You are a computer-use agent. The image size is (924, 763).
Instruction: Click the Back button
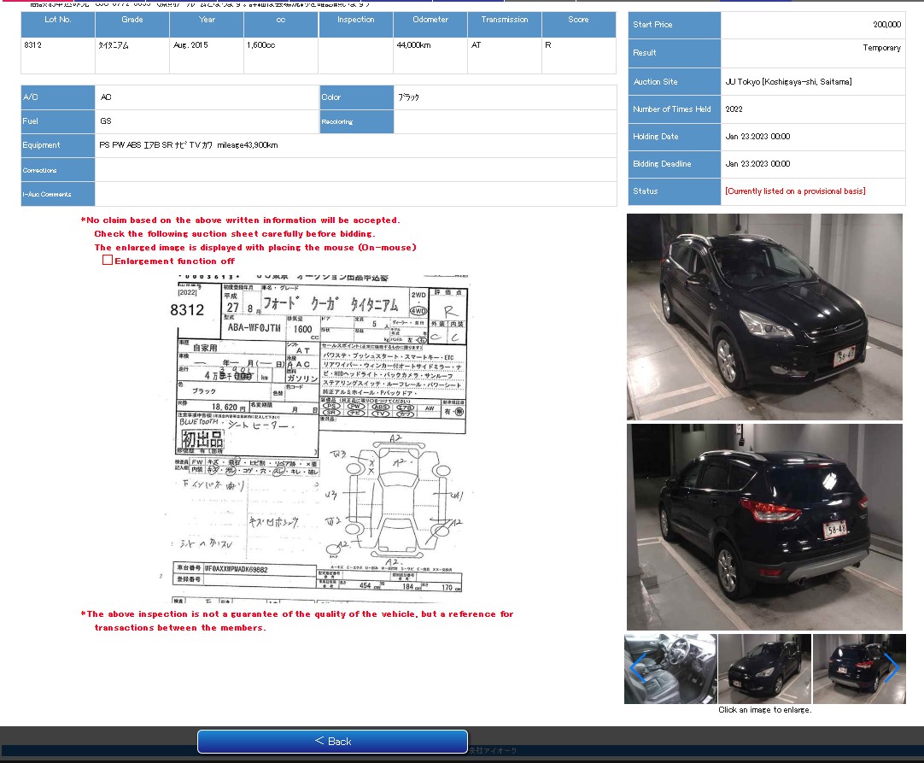click(332, 741)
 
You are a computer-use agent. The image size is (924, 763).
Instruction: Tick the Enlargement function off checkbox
click(108, 261)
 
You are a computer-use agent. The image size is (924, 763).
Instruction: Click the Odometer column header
click(430, 20)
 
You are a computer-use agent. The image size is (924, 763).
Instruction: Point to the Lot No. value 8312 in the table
click(33, 44)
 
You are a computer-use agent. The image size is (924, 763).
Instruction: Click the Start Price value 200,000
click(886, 25)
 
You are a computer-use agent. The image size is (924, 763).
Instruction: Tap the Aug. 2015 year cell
click(190, 44)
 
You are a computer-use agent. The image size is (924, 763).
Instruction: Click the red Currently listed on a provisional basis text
click(794, 191)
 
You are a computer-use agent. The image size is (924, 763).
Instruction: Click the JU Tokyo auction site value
click(787, 82)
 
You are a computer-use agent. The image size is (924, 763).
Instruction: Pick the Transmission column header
click(504, 20)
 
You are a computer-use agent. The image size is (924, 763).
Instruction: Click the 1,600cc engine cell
click(260, 44)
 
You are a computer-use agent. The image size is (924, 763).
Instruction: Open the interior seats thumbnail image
click(670, 668)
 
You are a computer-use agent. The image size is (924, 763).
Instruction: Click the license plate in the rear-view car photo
click(836, 530)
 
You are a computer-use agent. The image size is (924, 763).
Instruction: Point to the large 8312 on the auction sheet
click(187, 310)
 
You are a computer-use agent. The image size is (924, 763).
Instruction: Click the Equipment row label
click(42, 145)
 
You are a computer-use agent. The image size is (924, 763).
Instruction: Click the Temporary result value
click(881, 48)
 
